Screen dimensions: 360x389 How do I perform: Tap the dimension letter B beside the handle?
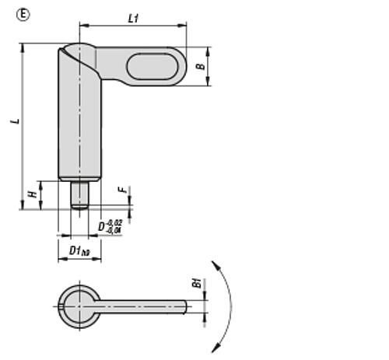pos(200,67)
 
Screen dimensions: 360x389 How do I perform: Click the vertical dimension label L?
pos(14,123)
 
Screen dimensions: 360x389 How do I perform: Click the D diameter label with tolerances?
pos(102,226)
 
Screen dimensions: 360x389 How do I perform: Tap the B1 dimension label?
pos(198,285)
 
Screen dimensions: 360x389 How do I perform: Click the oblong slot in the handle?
pos(152,66)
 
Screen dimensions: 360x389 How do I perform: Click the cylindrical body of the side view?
pos(81,124)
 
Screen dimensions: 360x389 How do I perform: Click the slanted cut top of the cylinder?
pos(78,52)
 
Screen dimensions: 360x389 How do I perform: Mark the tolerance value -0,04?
pos(115,231)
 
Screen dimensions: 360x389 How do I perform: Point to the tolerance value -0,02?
pos(115,223)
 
